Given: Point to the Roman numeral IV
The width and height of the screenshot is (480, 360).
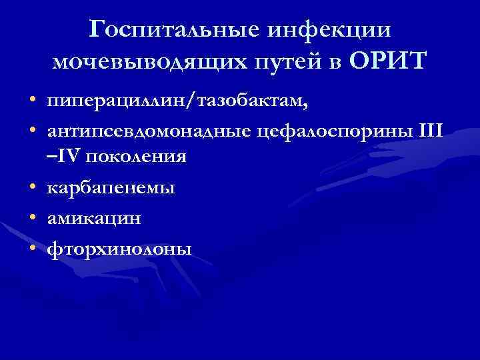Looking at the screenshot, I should click(x=66, y=157).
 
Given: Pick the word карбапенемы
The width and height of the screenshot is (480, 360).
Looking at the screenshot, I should click(x=111, y=188).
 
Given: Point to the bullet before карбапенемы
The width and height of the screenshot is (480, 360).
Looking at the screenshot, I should click(x=32, y=188).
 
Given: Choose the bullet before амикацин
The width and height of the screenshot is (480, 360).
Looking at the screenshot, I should click(x=32, y=218).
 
